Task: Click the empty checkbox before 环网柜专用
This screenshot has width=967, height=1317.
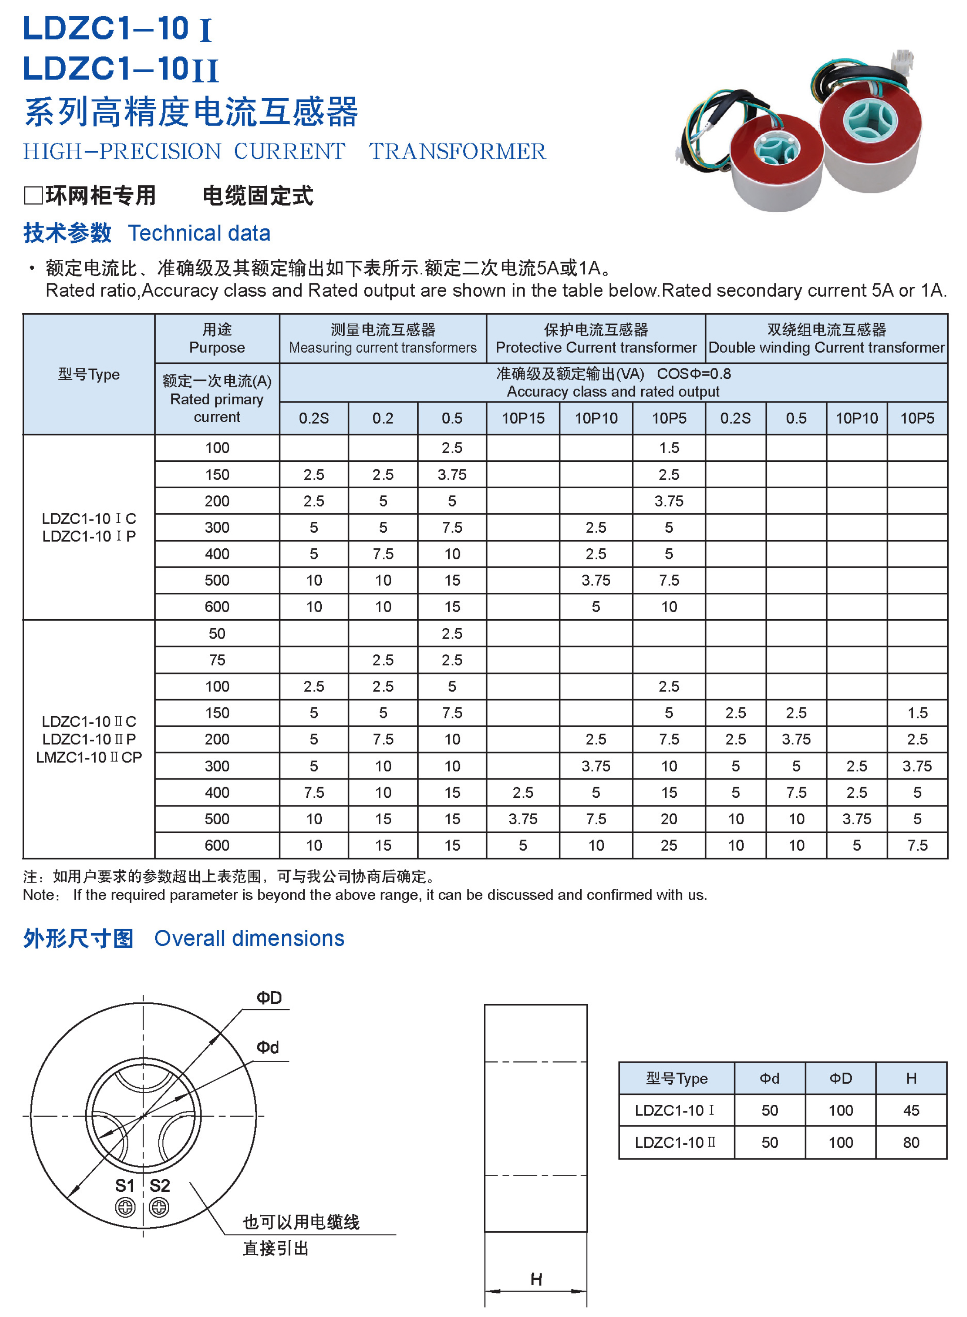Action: (33, 196)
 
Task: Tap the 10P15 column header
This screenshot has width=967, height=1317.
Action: (523, 418)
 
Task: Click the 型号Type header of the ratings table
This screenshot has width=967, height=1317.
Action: (88, 374)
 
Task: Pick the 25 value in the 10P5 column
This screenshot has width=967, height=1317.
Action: (669, 845)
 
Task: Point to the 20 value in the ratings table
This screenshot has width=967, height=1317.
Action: (669, 819)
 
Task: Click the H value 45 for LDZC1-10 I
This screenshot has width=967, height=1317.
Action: (911, 1111)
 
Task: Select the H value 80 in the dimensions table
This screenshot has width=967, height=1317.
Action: (911, 1142)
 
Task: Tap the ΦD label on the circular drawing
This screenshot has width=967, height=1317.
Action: (269, 998)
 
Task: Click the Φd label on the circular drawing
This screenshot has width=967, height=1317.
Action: (267, 1047)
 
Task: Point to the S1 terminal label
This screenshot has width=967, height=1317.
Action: (125, 1186)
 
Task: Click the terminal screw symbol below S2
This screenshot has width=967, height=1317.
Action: (159, 1208)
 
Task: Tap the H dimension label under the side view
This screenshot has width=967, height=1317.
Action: (536, 1280)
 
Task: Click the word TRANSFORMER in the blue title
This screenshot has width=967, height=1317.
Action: (457, 151)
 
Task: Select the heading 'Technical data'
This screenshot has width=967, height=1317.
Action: (199, 233)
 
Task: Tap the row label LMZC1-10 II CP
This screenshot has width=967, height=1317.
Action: (89, 757)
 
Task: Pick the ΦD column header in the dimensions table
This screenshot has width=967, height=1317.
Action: (840, 1078)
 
